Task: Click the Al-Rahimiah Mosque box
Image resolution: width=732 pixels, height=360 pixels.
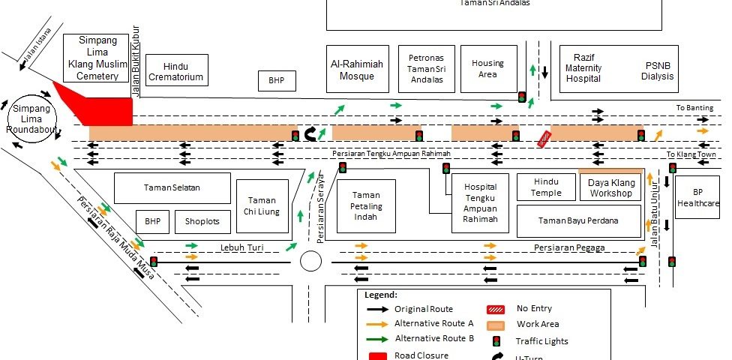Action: [x=357, y=69]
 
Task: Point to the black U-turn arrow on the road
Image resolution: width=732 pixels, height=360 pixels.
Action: [x=310, y=134]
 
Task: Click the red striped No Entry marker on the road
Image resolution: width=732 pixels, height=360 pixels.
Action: [x=544, y=137]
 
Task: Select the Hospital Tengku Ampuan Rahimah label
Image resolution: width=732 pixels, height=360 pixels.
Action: [x=481, y=203]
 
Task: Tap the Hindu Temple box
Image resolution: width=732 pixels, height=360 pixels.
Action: [x=547, y=187]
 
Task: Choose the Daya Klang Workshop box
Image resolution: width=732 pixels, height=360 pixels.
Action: [x=610, y=187]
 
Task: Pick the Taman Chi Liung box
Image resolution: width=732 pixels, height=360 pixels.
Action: [x=262, y=205]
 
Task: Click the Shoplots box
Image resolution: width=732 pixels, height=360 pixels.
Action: [x=202, y=222]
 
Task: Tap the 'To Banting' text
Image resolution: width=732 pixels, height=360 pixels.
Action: [x=694, y=108]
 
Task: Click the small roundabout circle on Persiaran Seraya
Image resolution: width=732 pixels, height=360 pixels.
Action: [x=310, y=261]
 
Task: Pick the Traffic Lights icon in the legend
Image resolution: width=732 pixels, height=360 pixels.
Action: [x=497, y=340]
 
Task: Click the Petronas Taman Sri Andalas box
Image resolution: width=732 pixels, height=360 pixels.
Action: [x=426, y=68]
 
